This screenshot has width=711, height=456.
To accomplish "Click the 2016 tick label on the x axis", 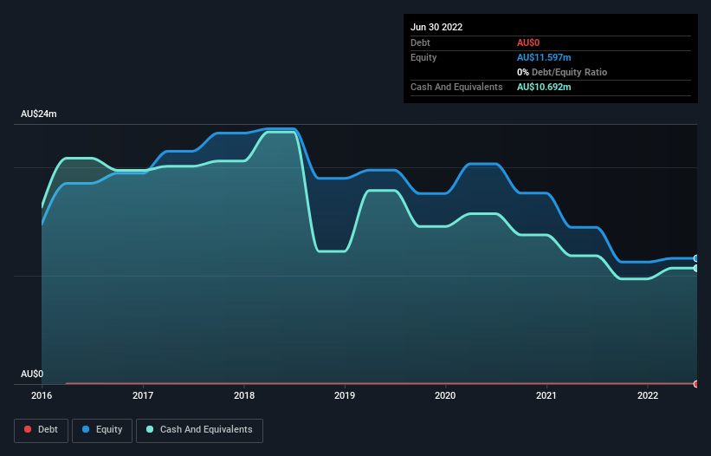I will pyautogui.click(x=42, y=396).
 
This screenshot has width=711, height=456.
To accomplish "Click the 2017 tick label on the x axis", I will pyautogui.click(x=143, y=396).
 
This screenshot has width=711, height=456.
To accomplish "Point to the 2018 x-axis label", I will pyautogui.click(x=244, y=396).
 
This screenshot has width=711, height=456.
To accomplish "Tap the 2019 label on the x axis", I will pyautogui.click(x=345, y=396).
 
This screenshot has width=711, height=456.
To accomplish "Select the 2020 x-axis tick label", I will pyautogui.click(x=446, y=396).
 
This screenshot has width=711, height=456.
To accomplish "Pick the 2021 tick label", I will pyautogui.click(x=546, y=396).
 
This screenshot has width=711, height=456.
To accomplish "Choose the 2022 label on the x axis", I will pyautogui.click(x=648, y=396).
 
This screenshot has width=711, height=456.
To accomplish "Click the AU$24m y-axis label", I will pyautogui.click(x=38, y=114).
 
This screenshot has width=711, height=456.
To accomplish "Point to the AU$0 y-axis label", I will pyautogui.click(x=32, y=374).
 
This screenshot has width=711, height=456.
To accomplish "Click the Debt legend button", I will pyautogui.click(x=41, y=430).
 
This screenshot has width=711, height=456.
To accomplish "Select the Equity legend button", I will pyautogui.click(x=103, y=430).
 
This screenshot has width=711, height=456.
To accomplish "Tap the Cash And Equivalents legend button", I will pyautogui.click(x=199, y=430).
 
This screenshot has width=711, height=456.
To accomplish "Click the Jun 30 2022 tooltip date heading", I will pyautogui.click(x=436, y=27).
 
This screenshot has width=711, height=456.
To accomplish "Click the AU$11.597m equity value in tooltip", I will pyautogui.click(x=544, y=57).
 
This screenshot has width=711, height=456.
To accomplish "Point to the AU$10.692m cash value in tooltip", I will pyautogui.click(x=544, y=87).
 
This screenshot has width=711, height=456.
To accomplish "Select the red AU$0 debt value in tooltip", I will pyautogui.click(x=529, y=42).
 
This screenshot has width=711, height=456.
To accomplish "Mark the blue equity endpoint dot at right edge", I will pyautogui.click(x=696, y=258).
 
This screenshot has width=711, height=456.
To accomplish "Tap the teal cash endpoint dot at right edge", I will pyautogui.click(x=696, y=269).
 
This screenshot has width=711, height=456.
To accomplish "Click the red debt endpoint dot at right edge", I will pyautogui.click(x=696, y=383).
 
